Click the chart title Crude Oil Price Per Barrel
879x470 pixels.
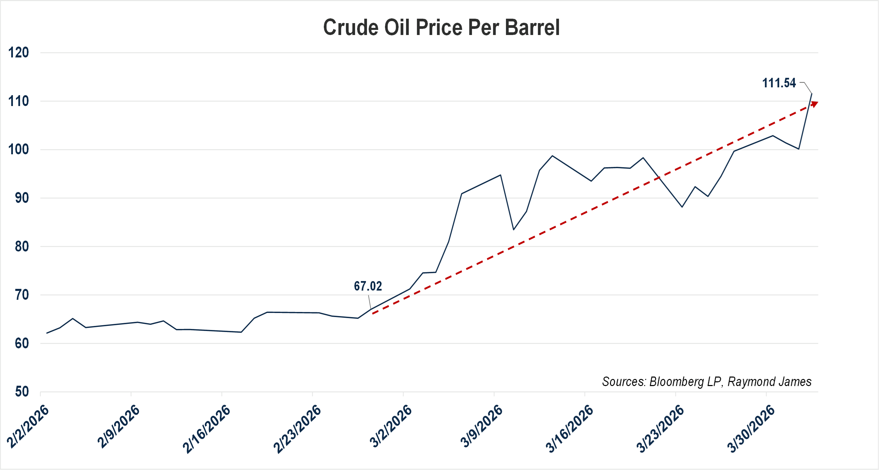pos(441,27)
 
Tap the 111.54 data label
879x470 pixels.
pos(779,83)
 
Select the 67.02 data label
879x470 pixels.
pos(368,286)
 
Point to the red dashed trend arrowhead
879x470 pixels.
pos(815,103)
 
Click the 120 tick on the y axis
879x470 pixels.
pos(18,53)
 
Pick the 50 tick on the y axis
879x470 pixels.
pos(21,391)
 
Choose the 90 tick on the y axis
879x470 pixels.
pos(21,198)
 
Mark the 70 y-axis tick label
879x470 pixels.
pos(21,295)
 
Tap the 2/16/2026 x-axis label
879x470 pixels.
pos(207,429)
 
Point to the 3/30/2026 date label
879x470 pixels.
pos(751,429)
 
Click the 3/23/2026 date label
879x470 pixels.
pos(660,429)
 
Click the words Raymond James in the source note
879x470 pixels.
pos(770,382)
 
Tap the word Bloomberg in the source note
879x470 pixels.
pos(676,382)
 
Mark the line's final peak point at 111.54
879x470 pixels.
pos(811,93)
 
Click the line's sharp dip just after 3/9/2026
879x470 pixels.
pos(513,230)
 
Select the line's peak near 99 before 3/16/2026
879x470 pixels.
pos(552,156)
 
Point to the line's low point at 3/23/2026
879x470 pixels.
pos(682,207)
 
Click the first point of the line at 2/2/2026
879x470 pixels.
pos(47,333)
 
